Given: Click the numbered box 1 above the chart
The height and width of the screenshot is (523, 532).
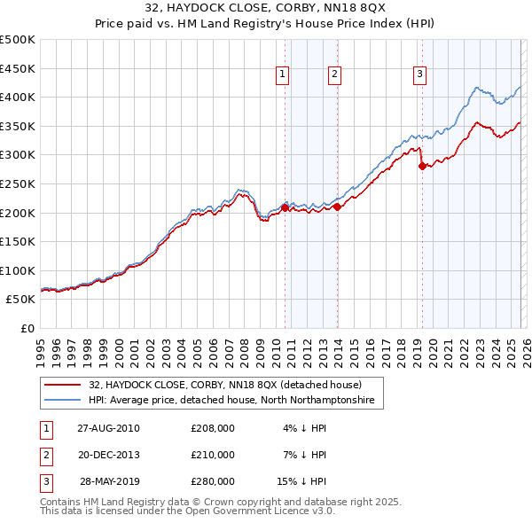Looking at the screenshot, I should [282, 75].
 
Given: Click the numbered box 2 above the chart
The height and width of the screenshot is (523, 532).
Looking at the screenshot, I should [334, 75].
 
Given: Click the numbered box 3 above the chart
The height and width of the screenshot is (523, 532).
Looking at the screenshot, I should [419, 75].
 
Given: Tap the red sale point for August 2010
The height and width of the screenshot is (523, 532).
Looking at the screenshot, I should [285, 207].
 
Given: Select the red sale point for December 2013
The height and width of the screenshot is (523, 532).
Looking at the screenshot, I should [338, 207].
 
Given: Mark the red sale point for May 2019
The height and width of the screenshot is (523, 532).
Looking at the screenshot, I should [422, 166].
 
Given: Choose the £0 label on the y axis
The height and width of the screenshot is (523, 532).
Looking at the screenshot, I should [27, 328].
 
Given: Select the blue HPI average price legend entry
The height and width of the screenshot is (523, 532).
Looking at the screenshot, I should [231, 401].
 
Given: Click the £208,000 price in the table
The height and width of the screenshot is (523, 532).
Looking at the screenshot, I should [213, 428].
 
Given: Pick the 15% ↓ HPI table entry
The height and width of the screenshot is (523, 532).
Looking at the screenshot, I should [301, 481].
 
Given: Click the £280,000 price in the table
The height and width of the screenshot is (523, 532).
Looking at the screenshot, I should [213, 481].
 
